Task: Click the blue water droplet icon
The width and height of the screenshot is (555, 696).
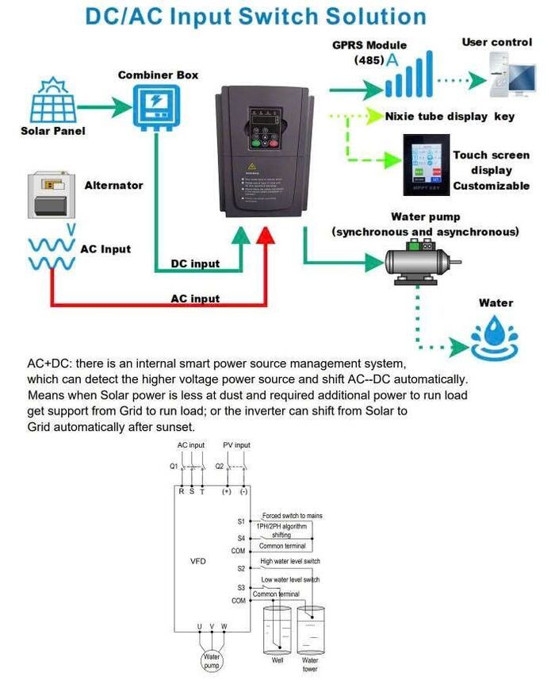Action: coord(495,340)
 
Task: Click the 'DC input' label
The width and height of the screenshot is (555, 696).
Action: coord(195,263)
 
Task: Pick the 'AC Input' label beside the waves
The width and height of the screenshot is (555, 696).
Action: coord(105,248)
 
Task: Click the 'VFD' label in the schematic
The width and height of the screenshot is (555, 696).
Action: coord(198,561)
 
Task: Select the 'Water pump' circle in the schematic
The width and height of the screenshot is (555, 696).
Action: coord(212,660)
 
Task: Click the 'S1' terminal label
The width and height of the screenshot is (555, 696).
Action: coord(241,522)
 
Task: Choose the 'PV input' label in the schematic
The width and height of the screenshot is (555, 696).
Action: coord(236,445)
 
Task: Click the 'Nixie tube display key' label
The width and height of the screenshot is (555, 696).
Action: coord(450,117)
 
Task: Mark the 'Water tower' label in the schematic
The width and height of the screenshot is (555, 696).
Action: coord(310,664)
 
